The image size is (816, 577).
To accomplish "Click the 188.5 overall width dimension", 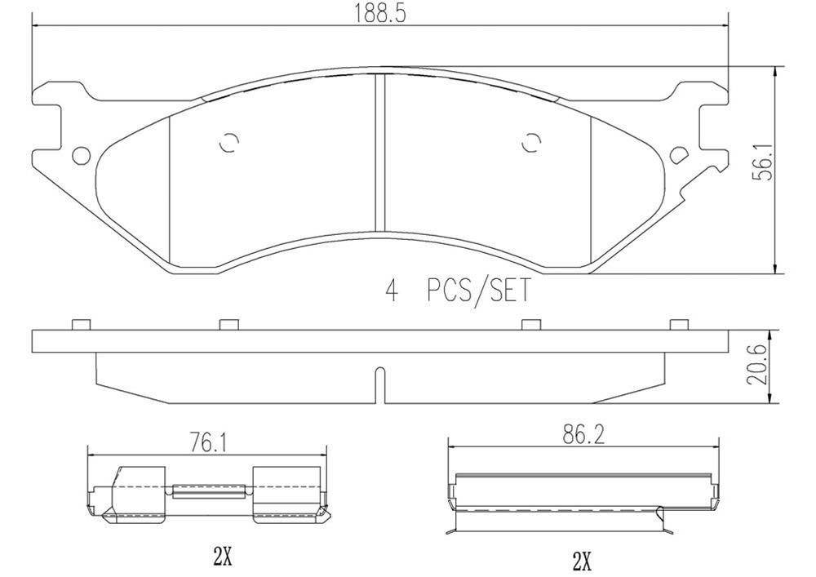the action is click(x=380, y=12).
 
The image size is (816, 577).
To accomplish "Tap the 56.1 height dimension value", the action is click(x=765, y=162).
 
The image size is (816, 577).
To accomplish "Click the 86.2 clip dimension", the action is click(x=584, y=435).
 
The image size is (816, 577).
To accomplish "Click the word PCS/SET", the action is click(x=478, y=291).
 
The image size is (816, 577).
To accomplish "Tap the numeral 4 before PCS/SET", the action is click(x=392, y=291).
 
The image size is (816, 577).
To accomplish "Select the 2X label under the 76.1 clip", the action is click(x=223, y=557).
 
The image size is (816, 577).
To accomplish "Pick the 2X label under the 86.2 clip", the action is click(x=582, y=561).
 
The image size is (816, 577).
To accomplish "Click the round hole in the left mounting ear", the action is click(x=81, y=155).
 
